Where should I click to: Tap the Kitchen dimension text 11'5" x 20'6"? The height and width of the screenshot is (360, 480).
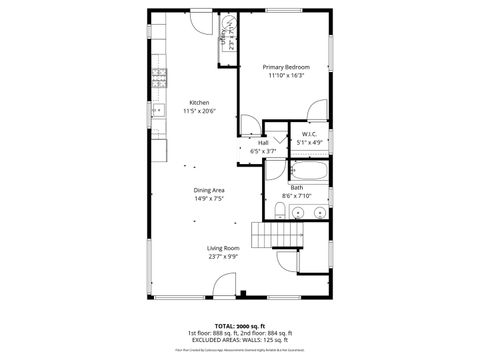coord(196,111)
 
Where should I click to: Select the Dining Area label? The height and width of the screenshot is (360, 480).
coord(209,189)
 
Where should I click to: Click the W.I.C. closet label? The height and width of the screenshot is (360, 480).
coord(309,134)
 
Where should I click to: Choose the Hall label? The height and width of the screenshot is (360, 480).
coord(263,142)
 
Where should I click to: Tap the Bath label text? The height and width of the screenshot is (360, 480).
coord(297,187)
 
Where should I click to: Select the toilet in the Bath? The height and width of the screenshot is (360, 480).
coord(279,210)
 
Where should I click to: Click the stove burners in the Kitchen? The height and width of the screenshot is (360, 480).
coord(158,76)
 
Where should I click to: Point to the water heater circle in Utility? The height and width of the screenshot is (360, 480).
coord(229,23)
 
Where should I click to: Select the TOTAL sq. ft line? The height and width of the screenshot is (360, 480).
coord(239,326)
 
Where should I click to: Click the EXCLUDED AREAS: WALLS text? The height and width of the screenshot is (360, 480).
coord(239,340)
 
